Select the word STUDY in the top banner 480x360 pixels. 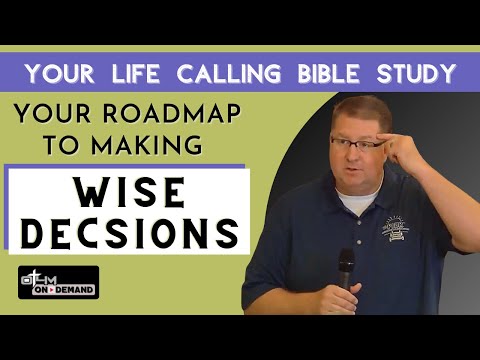pos(415,73)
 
